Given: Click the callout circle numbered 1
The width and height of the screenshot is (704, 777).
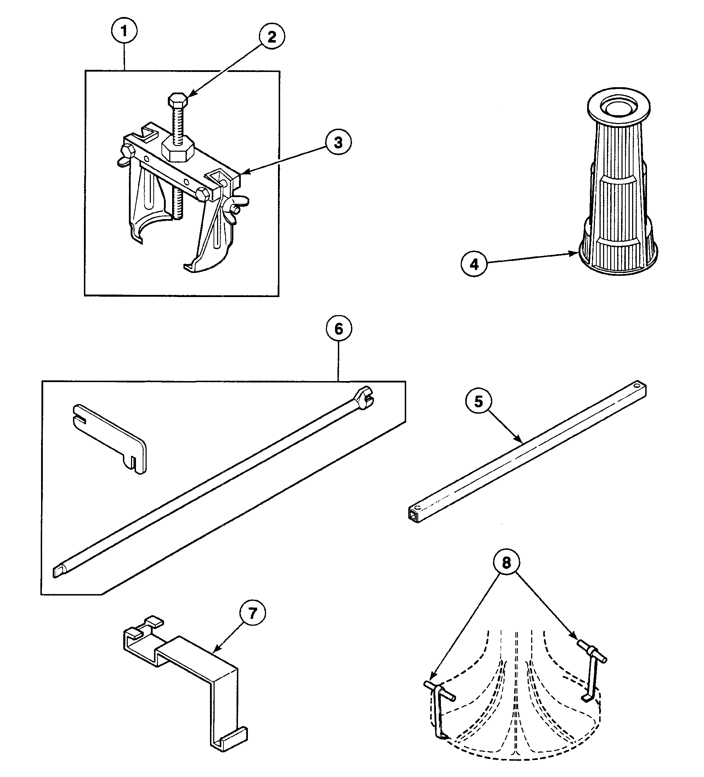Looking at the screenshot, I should (124, 31).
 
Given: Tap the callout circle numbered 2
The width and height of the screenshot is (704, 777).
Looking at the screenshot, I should (272, 37).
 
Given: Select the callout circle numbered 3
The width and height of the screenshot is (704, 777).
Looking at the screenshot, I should (338, 142).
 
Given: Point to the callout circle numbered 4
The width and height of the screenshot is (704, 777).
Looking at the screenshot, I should (474, 264).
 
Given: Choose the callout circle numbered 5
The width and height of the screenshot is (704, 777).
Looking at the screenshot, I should (478, 402).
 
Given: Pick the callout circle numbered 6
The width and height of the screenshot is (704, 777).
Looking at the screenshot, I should (339, 329).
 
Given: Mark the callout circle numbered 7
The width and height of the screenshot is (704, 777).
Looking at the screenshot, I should (252, 613).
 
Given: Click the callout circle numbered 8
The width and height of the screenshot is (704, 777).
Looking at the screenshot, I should (506, 563).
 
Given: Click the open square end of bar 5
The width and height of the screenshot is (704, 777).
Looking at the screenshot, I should (414, 514).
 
